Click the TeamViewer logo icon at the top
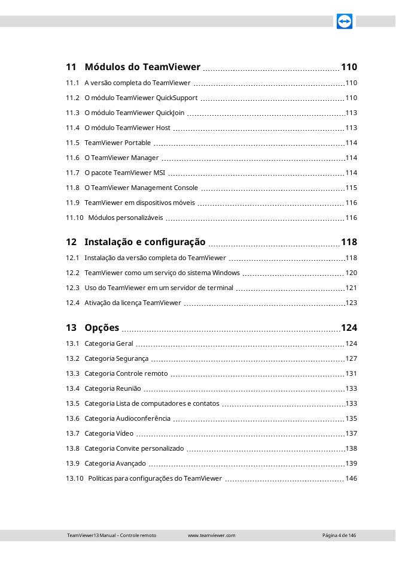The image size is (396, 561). [344, 22]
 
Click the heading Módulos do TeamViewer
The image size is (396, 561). [142, 67]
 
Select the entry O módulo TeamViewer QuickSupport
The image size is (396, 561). [141, 98]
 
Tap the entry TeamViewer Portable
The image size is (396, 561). [118, 143]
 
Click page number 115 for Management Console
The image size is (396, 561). [351, 188]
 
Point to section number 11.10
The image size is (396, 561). [75, 218]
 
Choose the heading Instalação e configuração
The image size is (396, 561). [145, 242]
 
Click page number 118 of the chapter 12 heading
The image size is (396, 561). [349, 242]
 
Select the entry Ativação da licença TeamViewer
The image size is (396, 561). [133, 303]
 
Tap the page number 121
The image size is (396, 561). [351, 288]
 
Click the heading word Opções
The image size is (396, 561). [102, 328]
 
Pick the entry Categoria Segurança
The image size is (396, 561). [117, 358]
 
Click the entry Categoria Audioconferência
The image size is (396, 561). [127, 418]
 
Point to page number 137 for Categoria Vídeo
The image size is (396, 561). [351, 433]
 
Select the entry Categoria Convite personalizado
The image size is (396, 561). [135, 448]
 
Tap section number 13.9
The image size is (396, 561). [72, 463]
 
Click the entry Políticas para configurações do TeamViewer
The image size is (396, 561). [155, 478]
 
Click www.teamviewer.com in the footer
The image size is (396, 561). [212, 535]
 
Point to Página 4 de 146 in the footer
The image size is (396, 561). [339, 535]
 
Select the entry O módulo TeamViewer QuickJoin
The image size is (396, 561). [135, 113]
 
